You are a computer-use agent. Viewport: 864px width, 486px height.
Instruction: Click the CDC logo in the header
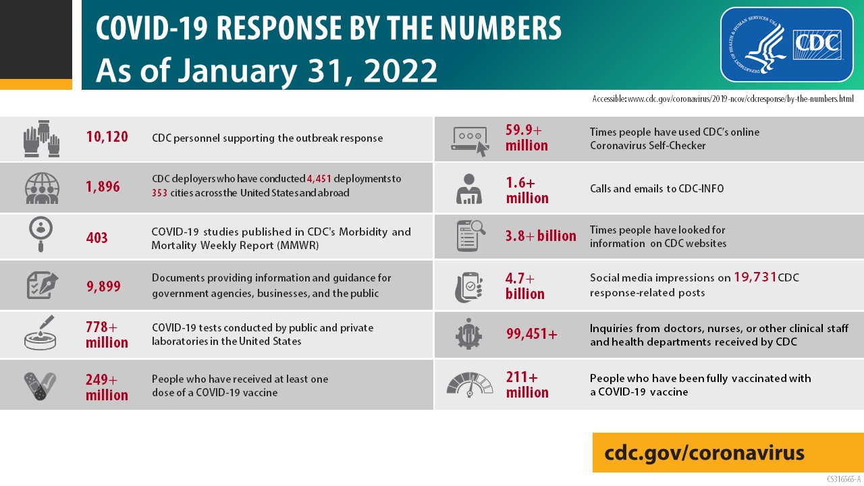coord(786,44)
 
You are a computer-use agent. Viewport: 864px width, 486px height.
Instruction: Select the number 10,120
coord(107,138)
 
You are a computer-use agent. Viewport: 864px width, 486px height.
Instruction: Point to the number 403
coord(97,238)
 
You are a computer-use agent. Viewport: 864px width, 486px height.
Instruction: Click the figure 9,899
coord(103,286)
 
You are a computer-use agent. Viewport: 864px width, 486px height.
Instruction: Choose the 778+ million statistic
coord(107,335)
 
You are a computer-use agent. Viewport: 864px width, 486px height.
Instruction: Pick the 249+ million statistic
coord(107,387)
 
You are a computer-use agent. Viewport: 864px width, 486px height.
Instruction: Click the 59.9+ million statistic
coord(526,137)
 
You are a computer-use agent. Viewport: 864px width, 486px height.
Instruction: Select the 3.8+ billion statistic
coord(541,236)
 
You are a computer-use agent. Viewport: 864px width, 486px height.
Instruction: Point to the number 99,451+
coord(532,333)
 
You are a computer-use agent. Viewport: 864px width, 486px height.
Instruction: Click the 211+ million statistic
coord(527,384)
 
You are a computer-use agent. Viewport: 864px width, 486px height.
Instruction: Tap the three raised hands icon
coord(42,138)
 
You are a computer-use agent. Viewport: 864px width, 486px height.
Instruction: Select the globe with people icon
coord(42,188)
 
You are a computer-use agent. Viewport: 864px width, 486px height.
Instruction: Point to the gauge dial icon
coord(470,384)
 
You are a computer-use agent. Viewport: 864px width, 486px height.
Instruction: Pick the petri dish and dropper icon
coord(40,333)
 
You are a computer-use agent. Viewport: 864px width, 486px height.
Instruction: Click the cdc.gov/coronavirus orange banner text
coord(705,452)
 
